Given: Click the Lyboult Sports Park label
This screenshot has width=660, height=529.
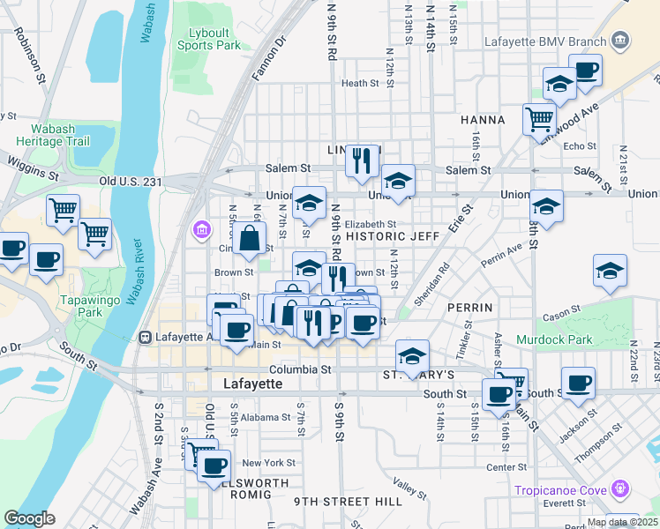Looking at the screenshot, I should (x=208, y=39).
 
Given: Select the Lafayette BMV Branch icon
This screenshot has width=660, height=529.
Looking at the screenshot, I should (x=620, y=41).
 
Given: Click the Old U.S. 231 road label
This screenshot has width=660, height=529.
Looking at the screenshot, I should (x=131, y=182).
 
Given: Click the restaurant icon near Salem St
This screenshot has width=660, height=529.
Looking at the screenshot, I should (x=362, y=160).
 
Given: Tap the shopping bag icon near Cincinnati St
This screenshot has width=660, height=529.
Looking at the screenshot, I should (x=251, y=237).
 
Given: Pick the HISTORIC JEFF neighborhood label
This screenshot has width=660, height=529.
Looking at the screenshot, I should (x=393, y=236).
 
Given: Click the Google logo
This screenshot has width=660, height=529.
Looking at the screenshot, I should (x=29, y=518).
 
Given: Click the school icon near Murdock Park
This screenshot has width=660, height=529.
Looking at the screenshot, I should (x=610, y=271).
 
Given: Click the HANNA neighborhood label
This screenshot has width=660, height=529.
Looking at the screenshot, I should (x=482, y=120).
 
